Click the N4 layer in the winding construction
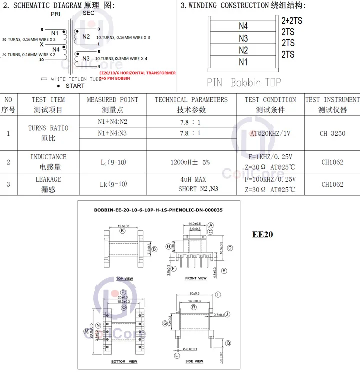pos(243,26)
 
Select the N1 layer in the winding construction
pos(243,62)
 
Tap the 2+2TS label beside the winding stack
pos(292,21)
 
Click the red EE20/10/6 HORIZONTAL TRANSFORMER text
pos(137,73)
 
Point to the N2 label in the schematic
pos(86,37)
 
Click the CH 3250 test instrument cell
pos(332,134)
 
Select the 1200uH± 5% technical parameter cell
pos(191,162)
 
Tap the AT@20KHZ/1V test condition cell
pos(270,134)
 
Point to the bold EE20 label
pos(263,234)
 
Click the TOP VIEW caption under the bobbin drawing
pos(125,279)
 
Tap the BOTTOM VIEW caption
pos(124,361)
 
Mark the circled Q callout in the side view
pos(228,343)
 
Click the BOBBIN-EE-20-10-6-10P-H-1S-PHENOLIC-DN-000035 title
pos(158,210)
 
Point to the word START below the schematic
pos(75,86)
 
